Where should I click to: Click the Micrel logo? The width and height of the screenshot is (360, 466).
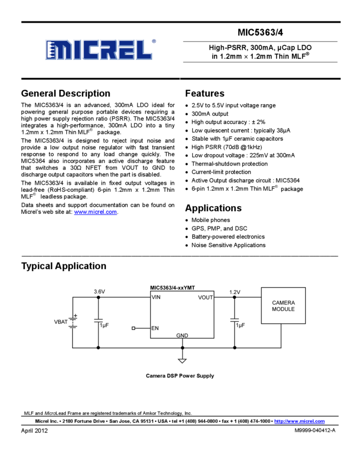(99, 49)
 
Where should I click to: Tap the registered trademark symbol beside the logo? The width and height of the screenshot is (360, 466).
(154, 41)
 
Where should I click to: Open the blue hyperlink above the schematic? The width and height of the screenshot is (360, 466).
(95, 212)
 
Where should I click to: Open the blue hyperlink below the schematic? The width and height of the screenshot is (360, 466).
(299, 421)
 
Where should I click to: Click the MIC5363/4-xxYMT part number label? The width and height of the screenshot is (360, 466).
(173, 288)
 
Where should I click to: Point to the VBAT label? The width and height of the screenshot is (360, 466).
(60, 322)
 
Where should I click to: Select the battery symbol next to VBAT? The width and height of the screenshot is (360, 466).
(73, 321)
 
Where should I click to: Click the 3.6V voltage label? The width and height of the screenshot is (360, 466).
(99, 292)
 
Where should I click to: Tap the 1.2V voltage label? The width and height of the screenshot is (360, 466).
(235, 292)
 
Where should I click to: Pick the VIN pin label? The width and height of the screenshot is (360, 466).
(156, 298)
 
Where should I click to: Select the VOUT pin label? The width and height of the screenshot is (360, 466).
(205, 298)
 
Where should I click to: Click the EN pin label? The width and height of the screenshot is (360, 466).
(155, 328)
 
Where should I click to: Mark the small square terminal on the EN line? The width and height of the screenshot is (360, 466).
(134, 328)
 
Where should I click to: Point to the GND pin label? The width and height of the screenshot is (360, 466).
(182, 335)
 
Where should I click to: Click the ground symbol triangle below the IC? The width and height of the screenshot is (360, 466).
(182, 361)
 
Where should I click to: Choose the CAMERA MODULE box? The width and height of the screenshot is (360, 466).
(283, 306)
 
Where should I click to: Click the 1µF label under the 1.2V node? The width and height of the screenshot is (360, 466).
(240, 326)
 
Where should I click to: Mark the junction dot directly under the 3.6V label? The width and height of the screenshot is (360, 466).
(99, 298)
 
